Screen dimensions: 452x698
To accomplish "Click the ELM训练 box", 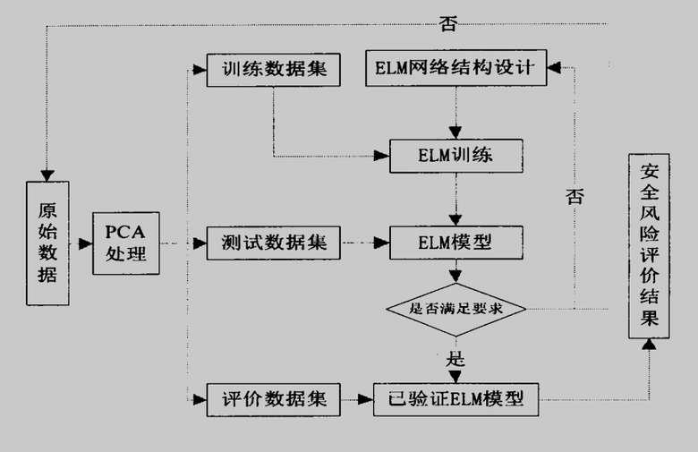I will pyautogui.click(x=455, y=156).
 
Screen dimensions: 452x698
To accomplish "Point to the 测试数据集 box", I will pyautogui.click(x=274, y=243).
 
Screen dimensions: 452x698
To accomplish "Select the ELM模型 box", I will pyautogui.click(x=455, y=242).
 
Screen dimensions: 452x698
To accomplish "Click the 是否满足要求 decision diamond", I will pyautogui.click(x=455, y=310).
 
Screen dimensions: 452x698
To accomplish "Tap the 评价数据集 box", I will pyautogui.click(x=274, y=398).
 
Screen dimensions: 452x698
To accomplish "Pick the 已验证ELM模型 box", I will pyautogui.click(x=455, y=398).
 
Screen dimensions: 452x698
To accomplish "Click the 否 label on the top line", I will pyautogui.click(x=447, y=24).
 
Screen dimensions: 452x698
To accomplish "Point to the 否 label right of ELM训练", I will pyautogui.click(x=575, y=195).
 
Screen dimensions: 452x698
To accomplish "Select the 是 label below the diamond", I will pyautogui.click(x=455, y=360).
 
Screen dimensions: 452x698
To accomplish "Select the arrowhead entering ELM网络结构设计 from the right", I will pyautogui.click(x=554, y=67).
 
